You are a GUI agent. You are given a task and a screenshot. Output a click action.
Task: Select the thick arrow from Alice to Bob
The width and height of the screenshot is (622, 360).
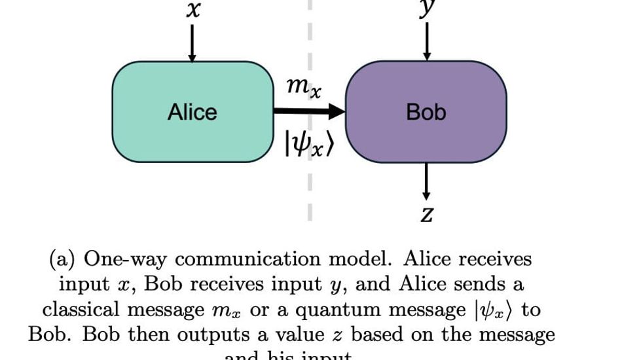(x=308, y=112)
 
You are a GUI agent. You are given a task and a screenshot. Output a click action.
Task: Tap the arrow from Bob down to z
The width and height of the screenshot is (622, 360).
(x=426, y=181)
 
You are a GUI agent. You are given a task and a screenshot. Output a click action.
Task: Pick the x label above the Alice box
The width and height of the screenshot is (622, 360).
(x=192, y=10)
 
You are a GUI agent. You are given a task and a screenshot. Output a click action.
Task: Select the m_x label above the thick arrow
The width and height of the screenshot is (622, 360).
(x=304, y=87)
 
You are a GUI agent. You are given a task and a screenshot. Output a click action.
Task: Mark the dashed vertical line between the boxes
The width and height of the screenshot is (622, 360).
(x=310, y=190)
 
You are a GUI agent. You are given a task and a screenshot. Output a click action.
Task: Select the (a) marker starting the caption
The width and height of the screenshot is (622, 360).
(x=64, y=259)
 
